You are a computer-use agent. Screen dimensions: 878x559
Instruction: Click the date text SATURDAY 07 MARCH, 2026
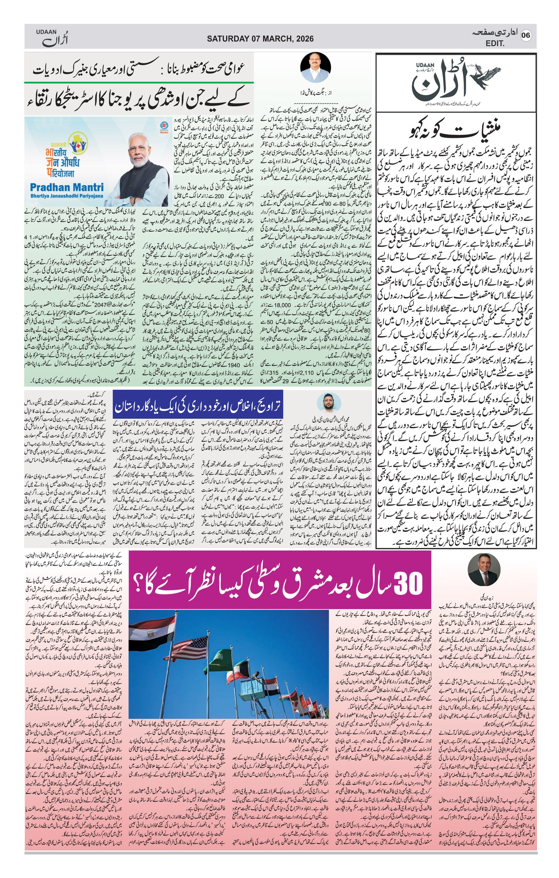click(x=260, y=39)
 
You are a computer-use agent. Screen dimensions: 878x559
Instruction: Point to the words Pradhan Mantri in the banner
click(x=67, y=188)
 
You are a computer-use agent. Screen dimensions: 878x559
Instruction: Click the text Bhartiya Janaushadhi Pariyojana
click(x=66, y=196)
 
